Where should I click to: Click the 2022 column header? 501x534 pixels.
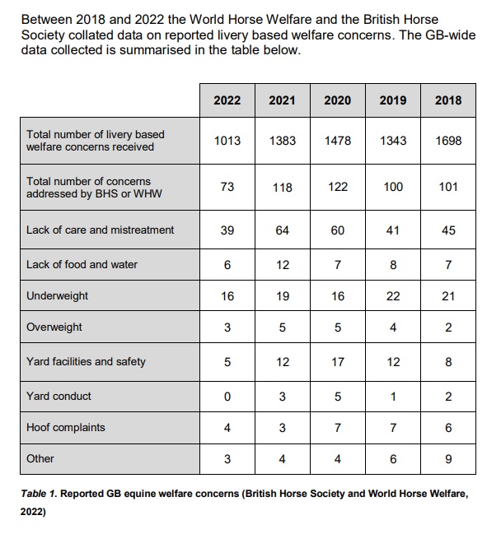click(x=227, y=100)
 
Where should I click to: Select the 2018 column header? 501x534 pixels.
click(x=448, y=100)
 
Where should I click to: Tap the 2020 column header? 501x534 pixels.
click(x=338, y=100)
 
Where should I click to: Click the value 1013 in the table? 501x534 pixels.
click(x=227, y=141)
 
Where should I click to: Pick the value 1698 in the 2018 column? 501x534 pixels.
click(x=448, y=141)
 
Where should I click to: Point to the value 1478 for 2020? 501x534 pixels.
click(x=338, y=141)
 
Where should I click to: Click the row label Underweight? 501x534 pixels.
click(x=58, y=295)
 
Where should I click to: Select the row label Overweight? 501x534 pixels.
click(x=54, y=327)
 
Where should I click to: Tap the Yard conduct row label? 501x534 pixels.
click(x=59, y=396)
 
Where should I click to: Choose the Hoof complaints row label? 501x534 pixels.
click(x=66, y=428)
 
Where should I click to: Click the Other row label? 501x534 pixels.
click(x=40, y=458)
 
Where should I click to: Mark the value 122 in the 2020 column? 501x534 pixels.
click(x=338, y=187)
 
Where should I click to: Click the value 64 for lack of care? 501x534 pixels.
click(x=283, y=230)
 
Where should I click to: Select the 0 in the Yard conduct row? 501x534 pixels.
click(x=227, y=396)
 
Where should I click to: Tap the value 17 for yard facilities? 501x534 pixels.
click(x=338, y=361)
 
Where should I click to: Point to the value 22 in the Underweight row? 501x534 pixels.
click(x=393, y=295)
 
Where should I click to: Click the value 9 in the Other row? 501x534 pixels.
click(x=448, y=459)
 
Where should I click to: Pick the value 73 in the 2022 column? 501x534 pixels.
click(x=227, y=187)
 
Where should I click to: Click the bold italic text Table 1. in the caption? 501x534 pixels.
click(x=40, y=494)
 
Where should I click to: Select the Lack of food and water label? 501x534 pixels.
click(x=82, y=264)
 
